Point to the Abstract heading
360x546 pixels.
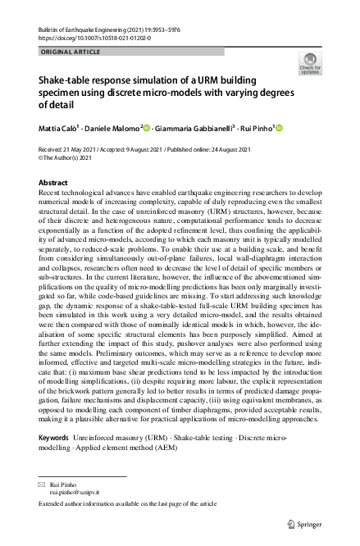pyautogui.click(x=54, y=182)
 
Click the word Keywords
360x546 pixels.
pyautogui.click(x=54, y=439)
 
